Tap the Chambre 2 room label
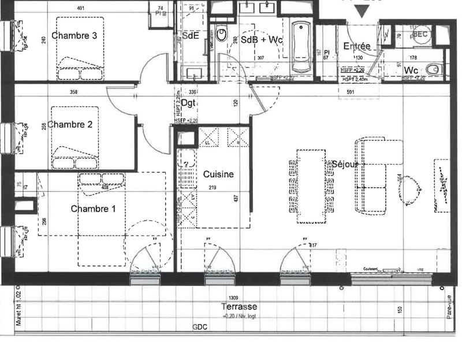pos(70,124)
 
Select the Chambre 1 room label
pos(94,209)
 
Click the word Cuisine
pos(218,174)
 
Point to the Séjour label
pos(345,164)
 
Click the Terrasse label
pos(239,307)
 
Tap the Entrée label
pos(356,46)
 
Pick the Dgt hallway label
pos(187,103)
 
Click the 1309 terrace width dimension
pos(233,298)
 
